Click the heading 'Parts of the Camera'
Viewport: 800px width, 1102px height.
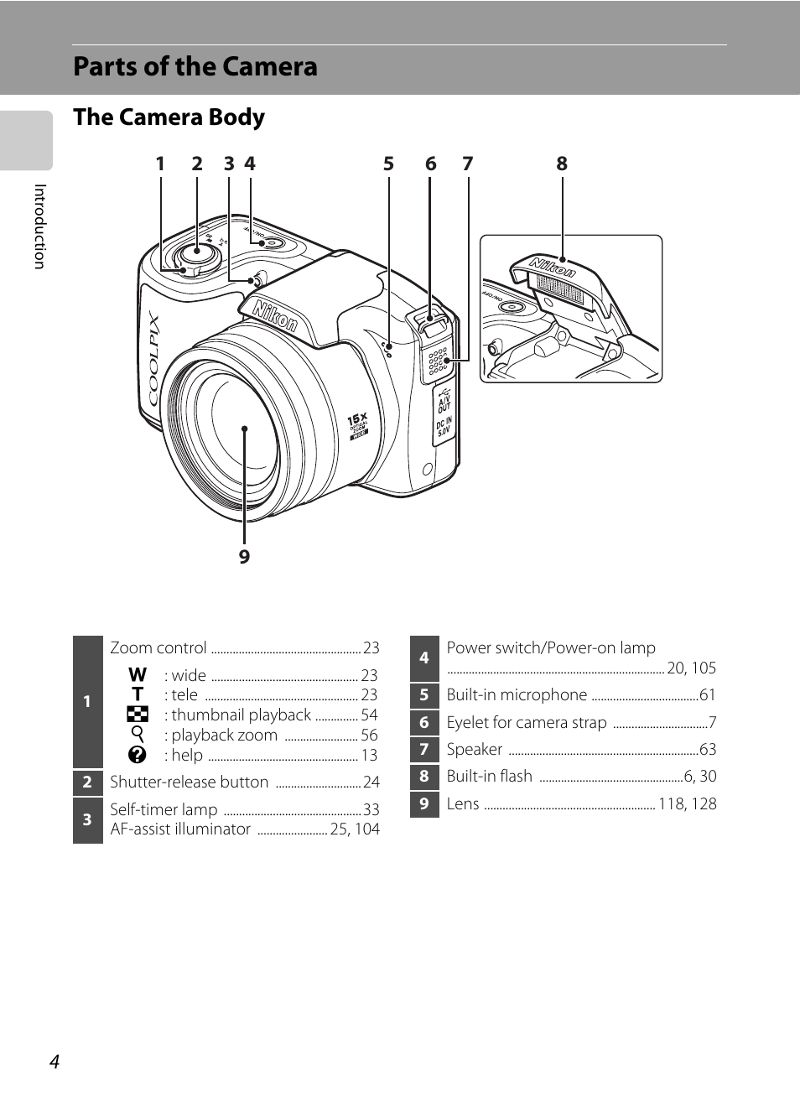tap(195, 66)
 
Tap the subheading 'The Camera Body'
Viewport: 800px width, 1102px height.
tap(169, 117)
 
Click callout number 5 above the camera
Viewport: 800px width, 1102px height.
tap(389, 164)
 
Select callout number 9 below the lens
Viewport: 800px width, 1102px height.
tap(245, 557)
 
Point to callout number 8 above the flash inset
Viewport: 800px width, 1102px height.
tap(562, 164)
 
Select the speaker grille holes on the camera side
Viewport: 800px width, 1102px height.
tap(438, 361)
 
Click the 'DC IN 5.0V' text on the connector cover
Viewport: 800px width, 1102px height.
tap(444, 426)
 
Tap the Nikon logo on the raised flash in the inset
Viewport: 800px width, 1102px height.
tap(552, 268)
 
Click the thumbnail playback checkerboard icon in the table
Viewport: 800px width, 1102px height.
tap(138, 715)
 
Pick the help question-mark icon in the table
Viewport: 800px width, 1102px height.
tap(138, 755)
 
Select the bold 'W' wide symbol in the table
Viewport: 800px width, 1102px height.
tap(138, 674)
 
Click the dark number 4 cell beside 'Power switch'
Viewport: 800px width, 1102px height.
tap(424, 658)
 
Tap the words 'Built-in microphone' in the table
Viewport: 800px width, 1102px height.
tap(517, 694)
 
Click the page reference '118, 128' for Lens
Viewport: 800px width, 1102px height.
tap(688, 804)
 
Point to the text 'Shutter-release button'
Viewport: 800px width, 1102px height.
tap(190, 782)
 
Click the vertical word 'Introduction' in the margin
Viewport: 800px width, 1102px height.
tap(40, 226)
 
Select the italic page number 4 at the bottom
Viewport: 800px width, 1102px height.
tap(55, 1062)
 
